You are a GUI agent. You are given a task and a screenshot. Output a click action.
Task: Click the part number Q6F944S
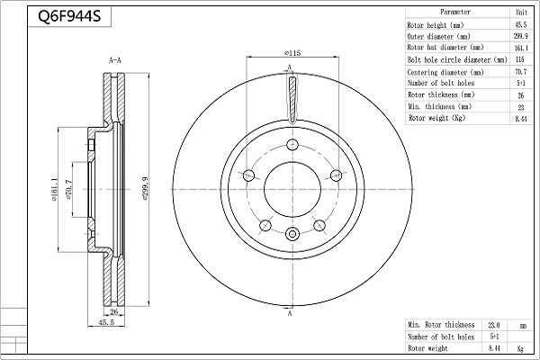pos(69,16)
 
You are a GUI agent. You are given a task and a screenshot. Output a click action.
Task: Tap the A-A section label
pos(115,60)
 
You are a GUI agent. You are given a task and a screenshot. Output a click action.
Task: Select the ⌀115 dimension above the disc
pos(292,53)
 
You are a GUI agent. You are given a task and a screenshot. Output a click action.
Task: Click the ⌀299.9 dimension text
pos(145,188)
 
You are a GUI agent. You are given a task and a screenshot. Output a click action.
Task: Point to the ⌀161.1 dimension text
pos(54,190)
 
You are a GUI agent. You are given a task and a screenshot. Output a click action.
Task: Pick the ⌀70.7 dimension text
pos(68,190)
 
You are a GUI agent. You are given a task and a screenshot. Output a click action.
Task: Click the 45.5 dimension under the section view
pos(106,322)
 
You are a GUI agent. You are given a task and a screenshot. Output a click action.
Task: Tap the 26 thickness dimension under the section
pos(114,312)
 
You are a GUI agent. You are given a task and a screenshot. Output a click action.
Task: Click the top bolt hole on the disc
pos(292,144)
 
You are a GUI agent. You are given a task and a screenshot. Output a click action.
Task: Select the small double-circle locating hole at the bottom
pos(292,234)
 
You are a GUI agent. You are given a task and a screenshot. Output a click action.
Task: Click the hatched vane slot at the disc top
pos(292,99)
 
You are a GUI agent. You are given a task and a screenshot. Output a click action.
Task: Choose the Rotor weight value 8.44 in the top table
pos(521,119)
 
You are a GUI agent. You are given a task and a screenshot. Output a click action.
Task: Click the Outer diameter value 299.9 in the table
pos(521,36)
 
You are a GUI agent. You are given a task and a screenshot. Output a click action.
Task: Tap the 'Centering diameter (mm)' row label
pos(445,72)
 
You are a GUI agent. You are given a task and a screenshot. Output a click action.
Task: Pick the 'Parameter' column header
pos(455,12)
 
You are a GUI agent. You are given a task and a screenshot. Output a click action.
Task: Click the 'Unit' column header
pos(521,12)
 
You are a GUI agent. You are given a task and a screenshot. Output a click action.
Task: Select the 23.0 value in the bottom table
pos(493,325)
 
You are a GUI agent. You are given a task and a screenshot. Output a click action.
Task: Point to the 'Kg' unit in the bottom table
pos(520,348)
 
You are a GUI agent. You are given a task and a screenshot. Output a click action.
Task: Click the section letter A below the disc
pos(290,313)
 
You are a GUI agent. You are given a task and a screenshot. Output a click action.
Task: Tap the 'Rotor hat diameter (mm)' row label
pos(445,47)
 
